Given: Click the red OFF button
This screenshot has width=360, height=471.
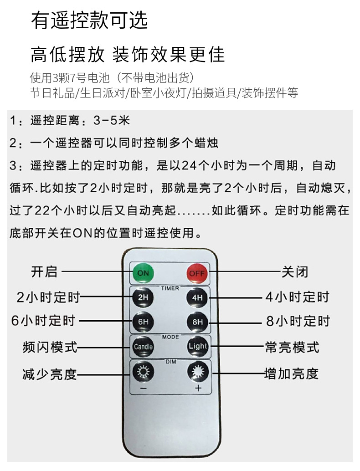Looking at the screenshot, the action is coord(197,273).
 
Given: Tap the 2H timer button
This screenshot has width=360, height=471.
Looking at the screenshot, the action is coord(143,298).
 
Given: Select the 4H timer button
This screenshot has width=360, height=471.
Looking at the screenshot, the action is coord(197,298).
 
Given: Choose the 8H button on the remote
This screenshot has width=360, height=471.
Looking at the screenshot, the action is coord(197,322).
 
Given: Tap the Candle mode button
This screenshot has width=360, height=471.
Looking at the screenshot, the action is coord(143,347).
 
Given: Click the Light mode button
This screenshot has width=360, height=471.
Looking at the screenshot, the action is coord(198,346).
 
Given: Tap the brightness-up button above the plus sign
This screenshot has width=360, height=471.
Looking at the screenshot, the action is coord(198,372).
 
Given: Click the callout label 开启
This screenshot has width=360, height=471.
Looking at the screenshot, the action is coord(44,272).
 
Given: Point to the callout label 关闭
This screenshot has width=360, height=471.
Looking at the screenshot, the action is coord(295,272).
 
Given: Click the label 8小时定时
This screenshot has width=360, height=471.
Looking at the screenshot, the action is coord(298,322).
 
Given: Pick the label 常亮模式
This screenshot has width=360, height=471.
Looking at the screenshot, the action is coord(292,348).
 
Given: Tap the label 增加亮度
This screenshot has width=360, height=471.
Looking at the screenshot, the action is coord(292,374).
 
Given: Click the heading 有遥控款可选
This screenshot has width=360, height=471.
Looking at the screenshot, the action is coord(89,21).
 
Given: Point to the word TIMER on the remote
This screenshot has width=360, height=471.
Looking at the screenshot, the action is coord(170,288).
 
